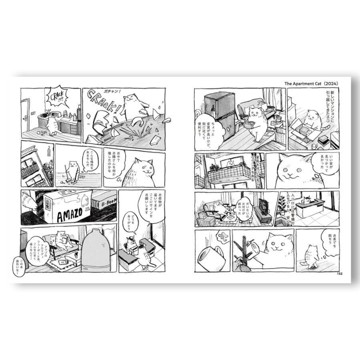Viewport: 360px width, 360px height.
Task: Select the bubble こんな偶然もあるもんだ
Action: [x=89, y=160]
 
